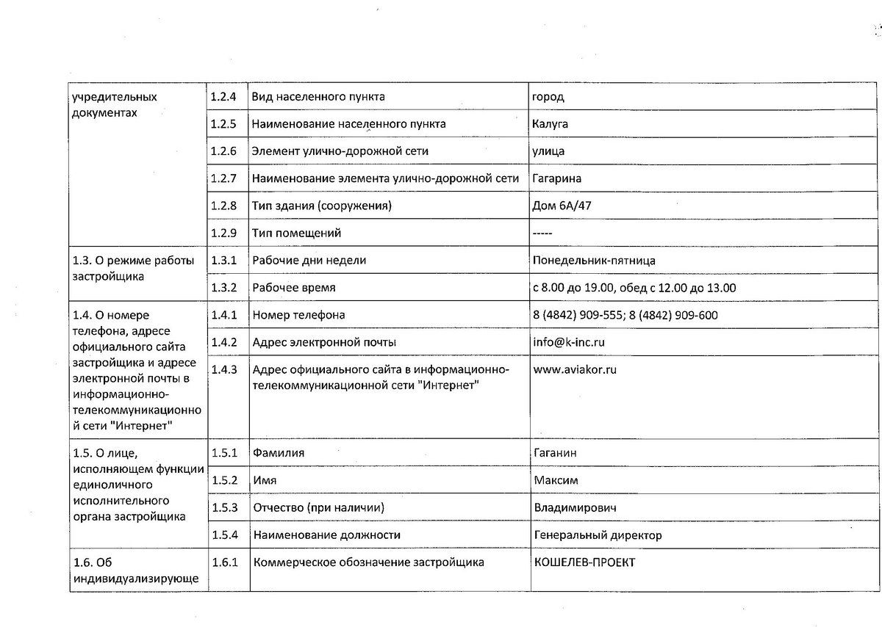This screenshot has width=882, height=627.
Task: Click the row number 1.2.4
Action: (223, 97)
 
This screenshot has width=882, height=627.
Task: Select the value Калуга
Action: (550, 124)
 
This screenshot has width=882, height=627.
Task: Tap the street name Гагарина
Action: (558, 178)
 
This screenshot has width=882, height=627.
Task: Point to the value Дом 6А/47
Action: (562, 206)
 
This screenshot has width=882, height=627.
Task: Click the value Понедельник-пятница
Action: (595, 260)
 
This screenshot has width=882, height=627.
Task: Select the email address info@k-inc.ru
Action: (570, 342)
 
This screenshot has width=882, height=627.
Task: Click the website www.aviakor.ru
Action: (575, 369)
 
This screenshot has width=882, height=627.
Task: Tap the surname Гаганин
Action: (555, 453)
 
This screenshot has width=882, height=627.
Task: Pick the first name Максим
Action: (556, 480)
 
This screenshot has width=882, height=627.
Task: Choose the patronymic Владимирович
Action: (575, 508)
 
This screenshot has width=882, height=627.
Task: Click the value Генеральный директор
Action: (598, 535)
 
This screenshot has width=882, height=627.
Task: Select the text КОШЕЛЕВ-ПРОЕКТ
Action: (584, 562)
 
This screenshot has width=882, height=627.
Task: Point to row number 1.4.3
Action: (223, 369)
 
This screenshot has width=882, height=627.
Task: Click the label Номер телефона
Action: (298, 315)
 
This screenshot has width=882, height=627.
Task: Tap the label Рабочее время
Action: (293, 288)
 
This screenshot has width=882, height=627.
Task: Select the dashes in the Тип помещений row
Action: (543, 233)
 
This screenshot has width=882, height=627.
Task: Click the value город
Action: (549, 97)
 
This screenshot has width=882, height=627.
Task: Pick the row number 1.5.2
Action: (224, 480)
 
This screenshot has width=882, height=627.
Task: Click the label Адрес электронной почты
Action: (324, 342)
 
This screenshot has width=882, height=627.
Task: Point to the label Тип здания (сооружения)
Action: (320, 206)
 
